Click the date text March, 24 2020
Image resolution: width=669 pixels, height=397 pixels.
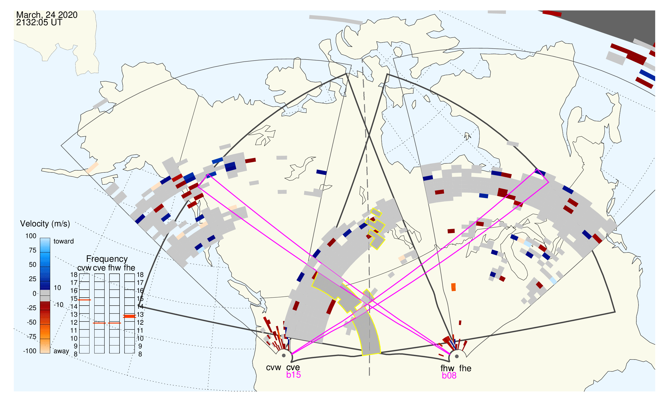(47, 15)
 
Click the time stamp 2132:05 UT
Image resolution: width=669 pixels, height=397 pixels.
(39, 23)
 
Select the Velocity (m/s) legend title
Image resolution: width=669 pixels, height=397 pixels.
(45, 224)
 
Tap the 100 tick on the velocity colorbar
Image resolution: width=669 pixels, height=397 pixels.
(31, 236)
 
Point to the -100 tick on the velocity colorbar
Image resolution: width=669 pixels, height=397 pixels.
(29, 351)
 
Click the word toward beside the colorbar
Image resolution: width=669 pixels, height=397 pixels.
(64, 241)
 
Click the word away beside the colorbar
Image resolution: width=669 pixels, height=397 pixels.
(61, 351)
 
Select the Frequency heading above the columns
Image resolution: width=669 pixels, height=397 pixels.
(107, 259)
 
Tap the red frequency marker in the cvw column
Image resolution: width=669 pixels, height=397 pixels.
(84, 300)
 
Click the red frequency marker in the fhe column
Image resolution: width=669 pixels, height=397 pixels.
(129, 316)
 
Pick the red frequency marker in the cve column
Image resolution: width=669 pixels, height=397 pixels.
(100, 323)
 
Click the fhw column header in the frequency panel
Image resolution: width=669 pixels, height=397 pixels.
(114, 268)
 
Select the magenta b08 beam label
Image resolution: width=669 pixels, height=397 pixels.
(449, 376)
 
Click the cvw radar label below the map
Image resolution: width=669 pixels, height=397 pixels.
(274, 368)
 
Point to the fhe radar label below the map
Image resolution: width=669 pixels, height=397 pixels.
(465, 368)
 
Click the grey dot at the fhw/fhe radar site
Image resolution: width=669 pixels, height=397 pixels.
(457, 356)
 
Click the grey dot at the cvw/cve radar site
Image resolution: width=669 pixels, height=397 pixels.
(284, 356)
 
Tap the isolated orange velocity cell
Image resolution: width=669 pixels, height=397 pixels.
(453, 287)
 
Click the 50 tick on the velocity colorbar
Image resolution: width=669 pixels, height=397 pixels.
(32, 265)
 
